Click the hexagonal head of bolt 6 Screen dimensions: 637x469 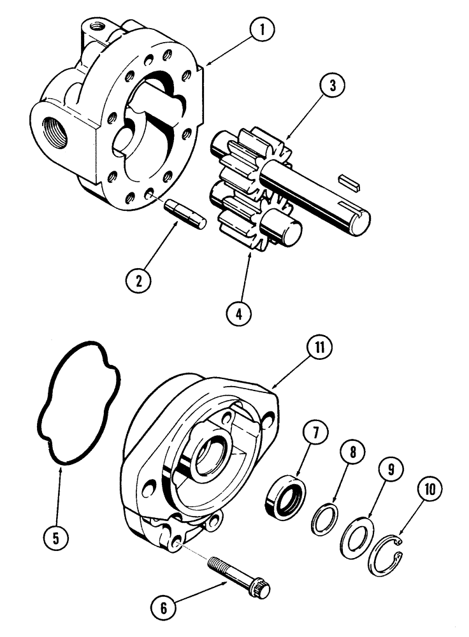click(261, 589)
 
